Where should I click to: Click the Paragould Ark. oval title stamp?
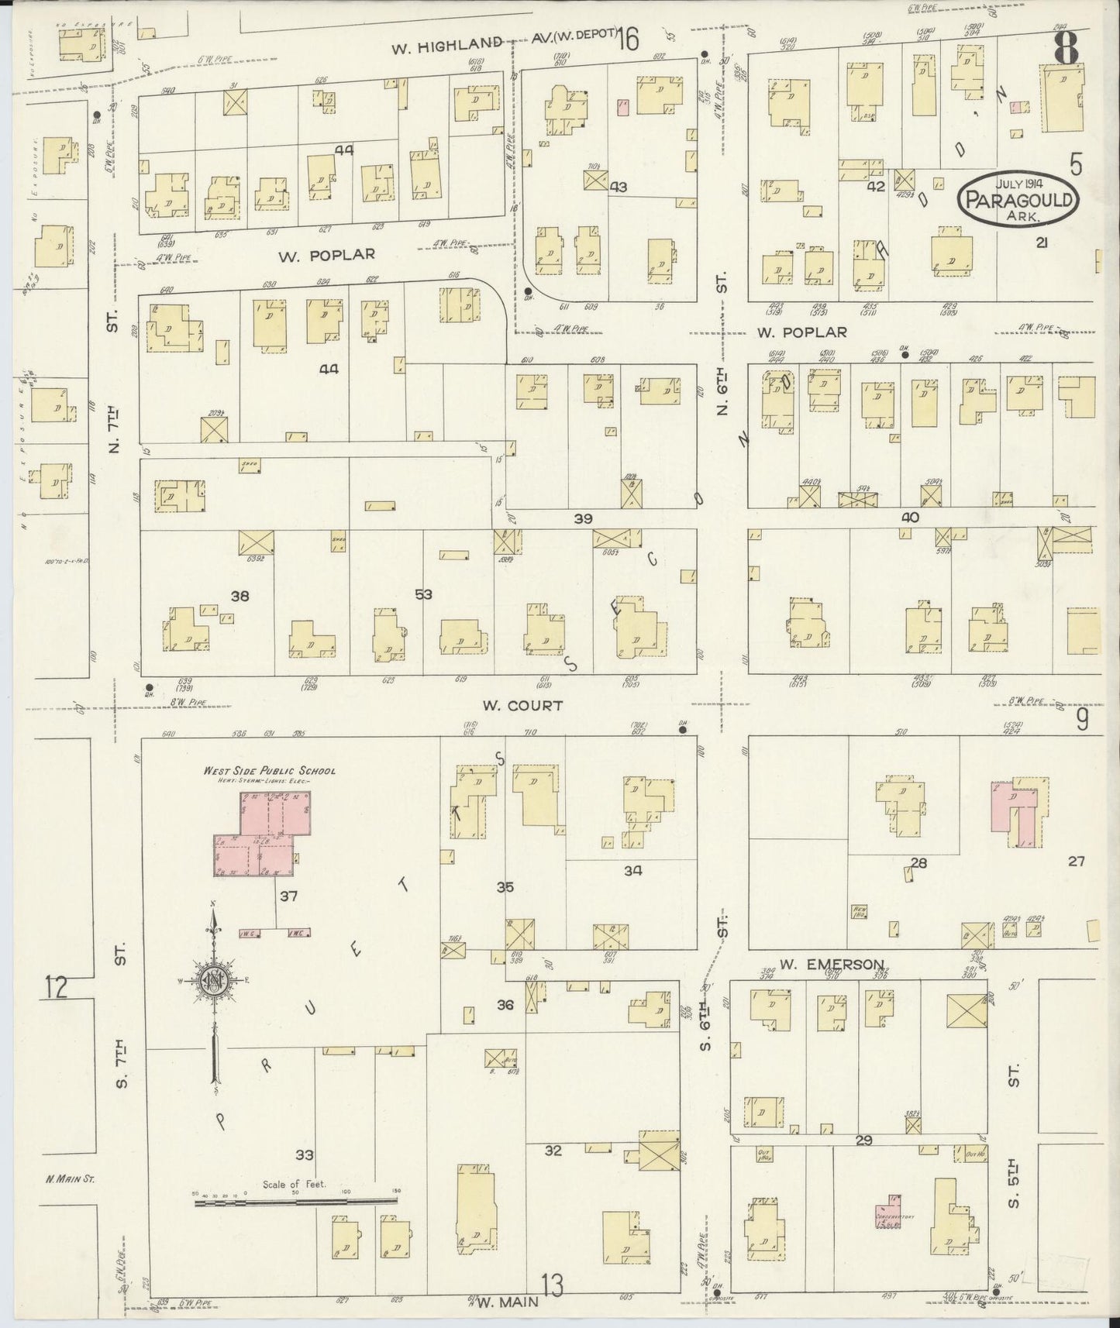[1018, 201]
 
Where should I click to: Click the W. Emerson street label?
[832, 965]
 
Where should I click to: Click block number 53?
[423, 595]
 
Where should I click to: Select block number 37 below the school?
[288, 896]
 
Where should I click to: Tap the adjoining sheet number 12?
[56, 988]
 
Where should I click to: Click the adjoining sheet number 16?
[628, 39]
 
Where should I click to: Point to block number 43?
[618, 187]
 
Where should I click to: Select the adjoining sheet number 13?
[553, 1288]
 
